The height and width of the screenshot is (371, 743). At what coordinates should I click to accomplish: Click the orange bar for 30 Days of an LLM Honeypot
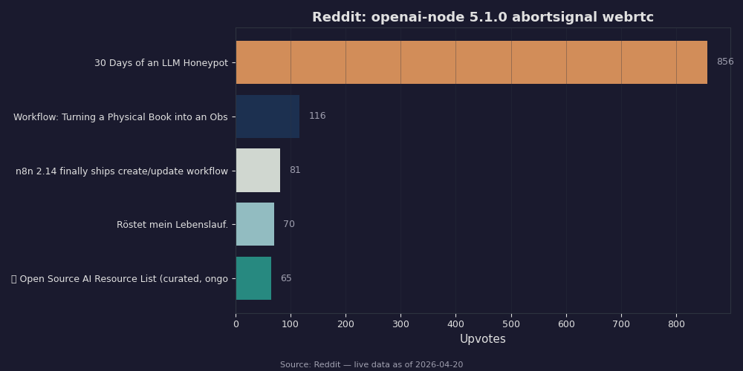[471, 62]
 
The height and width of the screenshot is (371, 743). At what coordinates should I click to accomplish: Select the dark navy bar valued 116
[267, 116]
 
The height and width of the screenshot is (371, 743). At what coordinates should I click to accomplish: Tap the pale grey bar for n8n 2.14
[258, 171]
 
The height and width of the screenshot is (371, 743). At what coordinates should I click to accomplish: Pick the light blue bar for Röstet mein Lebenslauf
[255, 224]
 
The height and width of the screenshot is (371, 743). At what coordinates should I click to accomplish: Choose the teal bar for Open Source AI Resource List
[253, 278]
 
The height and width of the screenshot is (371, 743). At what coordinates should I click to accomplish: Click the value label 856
[724, 62]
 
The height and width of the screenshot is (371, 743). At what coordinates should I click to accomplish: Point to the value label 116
[317, 116]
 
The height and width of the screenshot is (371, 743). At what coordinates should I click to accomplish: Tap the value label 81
[295, 171]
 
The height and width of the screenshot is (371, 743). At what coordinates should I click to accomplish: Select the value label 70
[288, 224]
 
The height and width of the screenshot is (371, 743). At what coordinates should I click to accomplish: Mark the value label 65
[286, 278]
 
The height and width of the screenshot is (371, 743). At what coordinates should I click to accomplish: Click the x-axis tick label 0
[236, 324]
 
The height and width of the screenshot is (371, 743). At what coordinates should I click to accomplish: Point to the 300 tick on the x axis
[400, 324]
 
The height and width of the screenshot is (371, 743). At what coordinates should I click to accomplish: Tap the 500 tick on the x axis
[511, 324]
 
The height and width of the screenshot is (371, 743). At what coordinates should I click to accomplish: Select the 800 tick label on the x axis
[676, 324]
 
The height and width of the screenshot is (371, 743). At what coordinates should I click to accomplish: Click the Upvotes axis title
[482, 339]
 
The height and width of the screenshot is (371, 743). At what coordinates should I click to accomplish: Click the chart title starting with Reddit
[483, 18]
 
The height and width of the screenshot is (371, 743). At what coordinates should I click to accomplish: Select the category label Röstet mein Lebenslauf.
[172, 225]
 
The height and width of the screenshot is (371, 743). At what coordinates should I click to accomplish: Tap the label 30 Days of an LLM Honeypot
[161, 63]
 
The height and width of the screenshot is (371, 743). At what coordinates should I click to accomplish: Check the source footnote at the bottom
[371, 365]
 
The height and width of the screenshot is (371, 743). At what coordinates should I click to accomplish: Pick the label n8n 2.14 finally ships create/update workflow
[122, 171]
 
